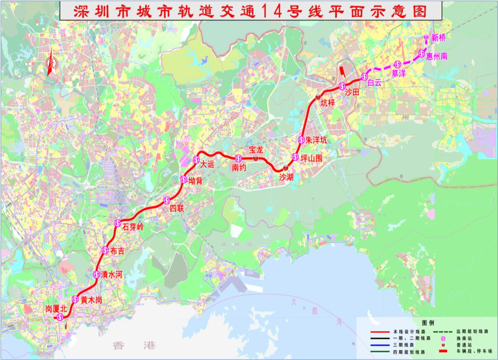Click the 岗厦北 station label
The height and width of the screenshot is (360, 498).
point(56,309)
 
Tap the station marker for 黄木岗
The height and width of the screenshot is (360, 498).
point(75,300)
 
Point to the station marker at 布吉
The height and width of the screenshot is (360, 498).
point(106,250)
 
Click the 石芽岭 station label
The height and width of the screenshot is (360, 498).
point(133,227)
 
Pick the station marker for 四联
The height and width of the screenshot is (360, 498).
point(167,200)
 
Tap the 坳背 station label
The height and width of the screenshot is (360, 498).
point(195,181)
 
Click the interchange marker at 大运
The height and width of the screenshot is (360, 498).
point(196,159)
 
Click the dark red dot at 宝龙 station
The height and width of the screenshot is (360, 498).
point(255,158)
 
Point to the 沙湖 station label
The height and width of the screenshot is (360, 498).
point(286,177)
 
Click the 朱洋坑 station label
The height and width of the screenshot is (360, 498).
point(316,140)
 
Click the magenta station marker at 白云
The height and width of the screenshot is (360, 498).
point(364,76)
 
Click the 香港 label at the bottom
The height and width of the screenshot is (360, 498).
point(134,346)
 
